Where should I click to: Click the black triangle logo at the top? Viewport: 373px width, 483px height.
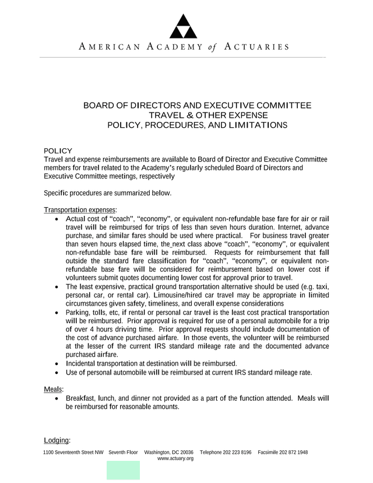click(x=183, y=24)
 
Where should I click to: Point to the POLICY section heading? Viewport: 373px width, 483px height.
click(x=58, y=150)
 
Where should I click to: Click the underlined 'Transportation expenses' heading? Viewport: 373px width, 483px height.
click(x=80, y=210)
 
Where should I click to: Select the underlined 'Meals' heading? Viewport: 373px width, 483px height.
click(x=54, y=389)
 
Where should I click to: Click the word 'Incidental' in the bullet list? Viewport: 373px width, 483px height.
click(x=82, y=363)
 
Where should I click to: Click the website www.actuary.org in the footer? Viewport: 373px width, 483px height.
click(x=175, y=459)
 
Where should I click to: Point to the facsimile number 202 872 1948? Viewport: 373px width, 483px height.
click(x=291, y=452)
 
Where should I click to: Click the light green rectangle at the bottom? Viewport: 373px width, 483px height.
click(x=123, y=470)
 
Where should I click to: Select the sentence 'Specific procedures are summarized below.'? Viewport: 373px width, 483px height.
click(x=107, y=193)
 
